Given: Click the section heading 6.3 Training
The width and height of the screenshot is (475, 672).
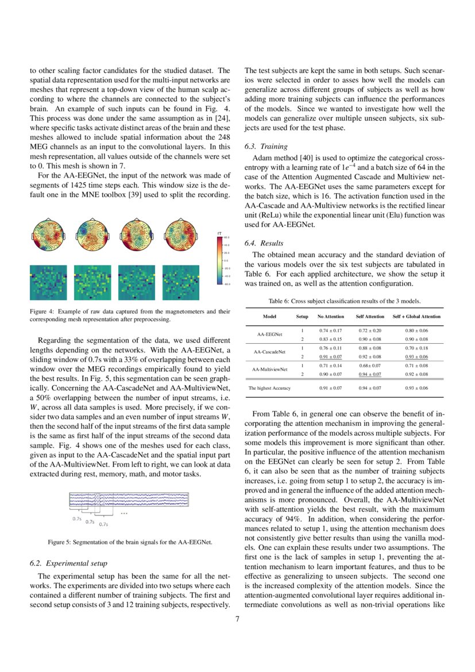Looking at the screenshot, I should click(x=266, y=147).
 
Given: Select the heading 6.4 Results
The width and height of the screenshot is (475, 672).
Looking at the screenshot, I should click(x=264, y=243).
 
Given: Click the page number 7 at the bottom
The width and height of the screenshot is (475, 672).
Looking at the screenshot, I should click(x=238, y=619).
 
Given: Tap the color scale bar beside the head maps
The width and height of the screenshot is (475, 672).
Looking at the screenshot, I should click(x=219, y=260).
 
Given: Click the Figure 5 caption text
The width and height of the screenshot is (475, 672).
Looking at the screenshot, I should click(x=130, y=542).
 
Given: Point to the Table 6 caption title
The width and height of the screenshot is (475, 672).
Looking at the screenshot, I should click(x=345, y=301).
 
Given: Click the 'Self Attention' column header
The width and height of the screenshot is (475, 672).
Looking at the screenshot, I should click(x=370, y=317).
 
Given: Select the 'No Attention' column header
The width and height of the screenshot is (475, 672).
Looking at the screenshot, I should click(x=330, y=317).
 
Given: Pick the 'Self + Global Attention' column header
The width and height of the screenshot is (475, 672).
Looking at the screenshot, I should click(x=417, y=317).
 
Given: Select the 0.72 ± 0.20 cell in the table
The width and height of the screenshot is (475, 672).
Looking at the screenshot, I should click(x=370, y=331).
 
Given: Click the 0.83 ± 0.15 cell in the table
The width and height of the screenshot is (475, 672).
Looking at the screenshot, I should click(x=330, y=339).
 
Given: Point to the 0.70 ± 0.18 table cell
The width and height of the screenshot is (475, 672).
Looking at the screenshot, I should click(x=417, y=348).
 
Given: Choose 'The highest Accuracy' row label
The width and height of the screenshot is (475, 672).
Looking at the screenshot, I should click(x=269, y=388).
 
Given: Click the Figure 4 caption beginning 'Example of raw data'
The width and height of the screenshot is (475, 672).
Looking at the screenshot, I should click(x=130, y=314).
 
